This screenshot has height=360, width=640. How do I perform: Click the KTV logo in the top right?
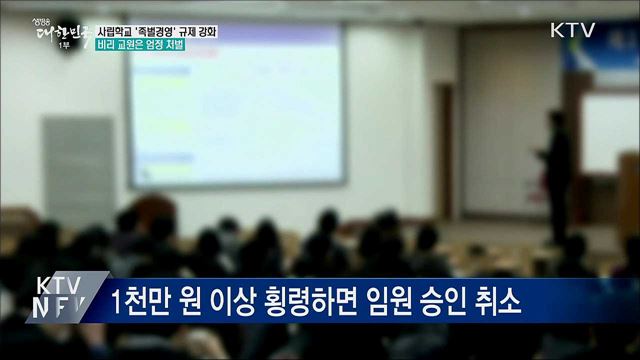[x=572, y=30]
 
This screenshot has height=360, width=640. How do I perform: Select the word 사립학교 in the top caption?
[x=115, y=31]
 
